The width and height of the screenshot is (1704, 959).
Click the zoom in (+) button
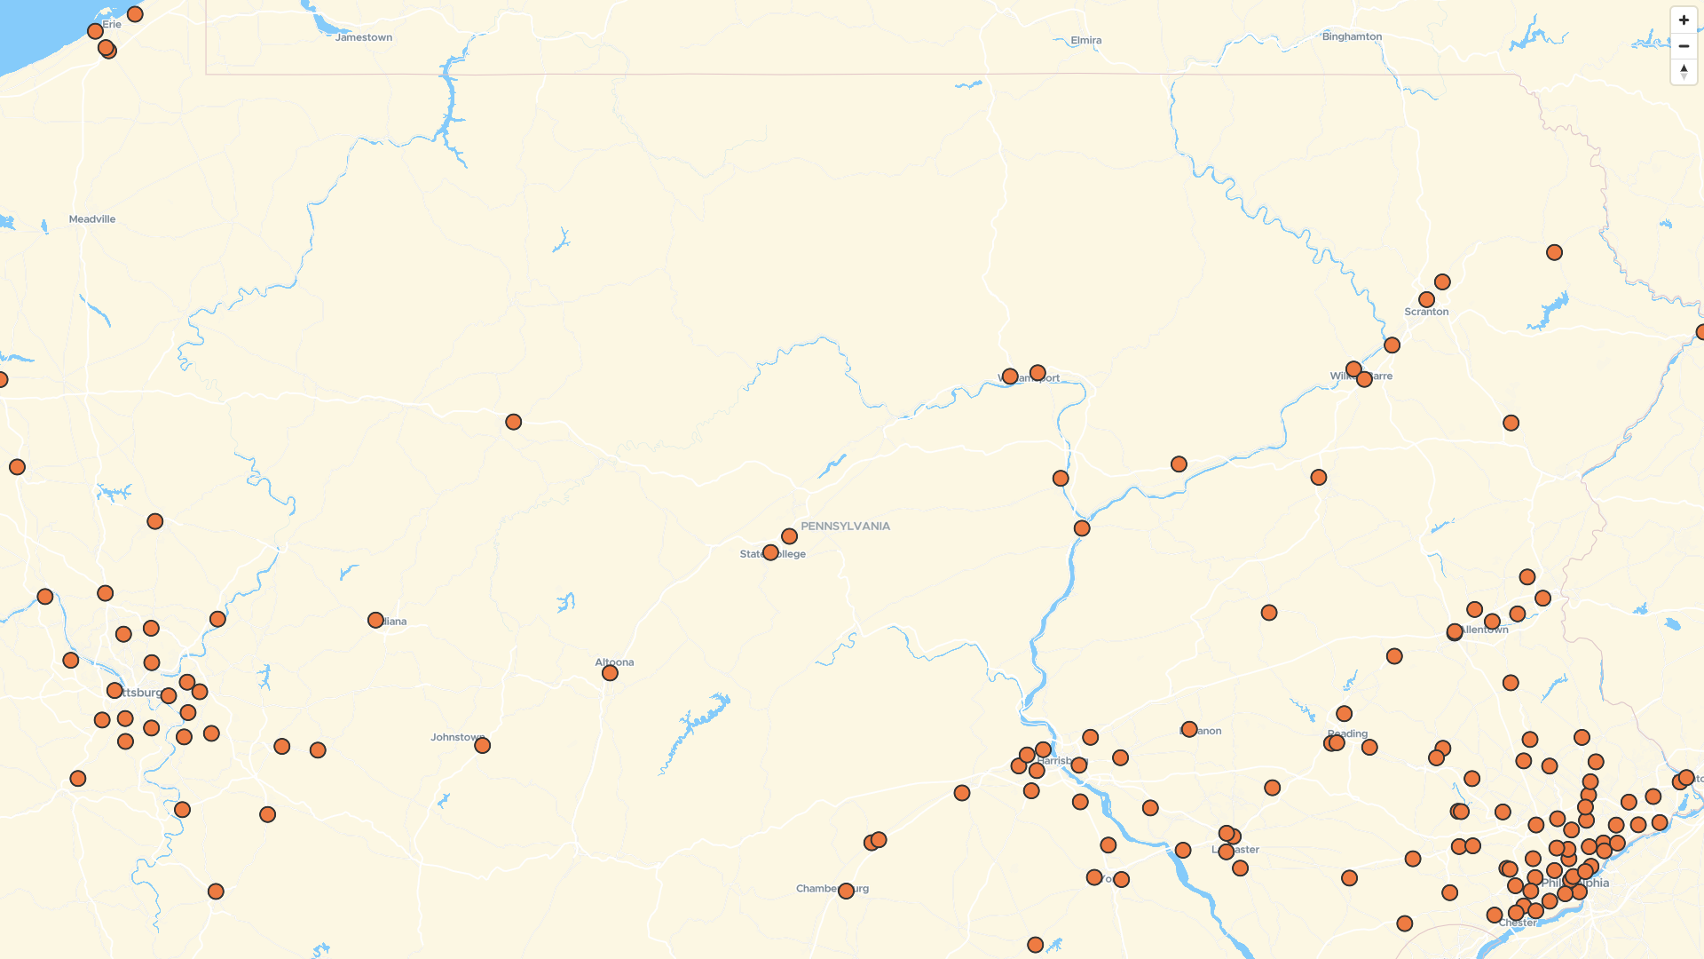click(x=1684, y=20)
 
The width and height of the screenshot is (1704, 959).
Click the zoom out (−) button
click(x=1684, y=46)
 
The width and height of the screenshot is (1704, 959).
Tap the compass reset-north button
click(x=1684, y=72)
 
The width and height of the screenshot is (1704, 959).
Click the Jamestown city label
click(x=364, y=37)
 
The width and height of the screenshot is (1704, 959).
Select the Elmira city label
click(x=1085, y=40)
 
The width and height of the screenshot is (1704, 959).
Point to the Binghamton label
click(x=1352, y=36)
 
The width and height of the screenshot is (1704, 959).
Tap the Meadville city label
click(x=92, y=219)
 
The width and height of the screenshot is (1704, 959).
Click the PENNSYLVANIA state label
click(x=845, y=527)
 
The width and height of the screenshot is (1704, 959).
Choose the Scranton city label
click(x=1426, y=312)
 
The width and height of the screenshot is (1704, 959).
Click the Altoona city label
click(x=614, y=662)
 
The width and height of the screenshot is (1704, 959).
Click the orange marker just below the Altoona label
click(x=610, y=673)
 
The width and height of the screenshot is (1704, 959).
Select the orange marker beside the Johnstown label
click(x=482, y=746)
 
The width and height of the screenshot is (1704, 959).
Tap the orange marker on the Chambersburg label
click(x=846, y=891)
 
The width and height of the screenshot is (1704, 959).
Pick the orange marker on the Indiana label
click(x=375, y=621)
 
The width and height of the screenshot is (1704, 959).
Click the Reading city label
click(x=1348, y=733)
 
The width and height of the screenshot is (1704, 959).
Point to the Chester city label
click(x=1518, y=923)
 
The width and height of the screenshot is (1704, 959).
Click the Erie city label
click(x=113, y=24)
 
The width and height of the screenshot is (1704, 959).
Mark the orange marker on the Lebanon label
click(x=1189, y=729)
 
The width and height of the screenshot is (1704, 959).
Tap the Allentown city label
click(x=1485, y=630)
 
